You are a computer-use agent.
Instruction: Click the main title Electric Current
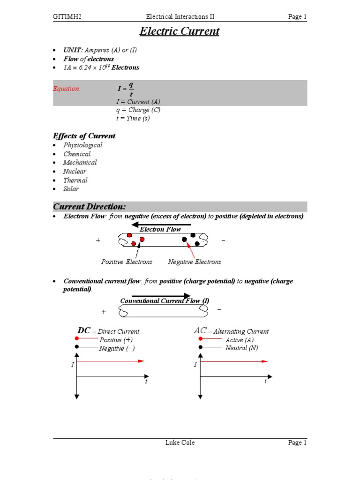[x=180, y=32]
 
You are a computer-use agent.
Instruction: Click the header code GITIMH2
[x=70, y=17]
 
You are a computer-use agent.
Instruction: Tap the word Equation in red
[x=67, y=89]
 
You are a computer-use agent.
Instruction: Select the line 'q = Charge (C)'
[x=138, y=110]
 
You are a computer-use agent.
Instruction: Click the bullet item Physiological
[x=82, y=145]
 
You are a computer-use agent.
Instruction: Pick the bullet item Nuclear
[x=75, y=171]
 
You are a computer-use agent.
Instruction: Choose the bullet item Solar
[x=71, y=189]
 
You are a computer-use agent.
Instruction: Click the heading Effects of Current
[x=84, y=136]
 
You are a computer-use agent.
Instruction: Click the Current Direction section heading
[x=96, y=207]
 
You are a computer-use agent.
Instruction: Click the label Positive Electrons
[x=127, y=262]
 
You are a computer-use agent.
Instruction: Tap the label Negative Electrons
[x=195, y=262]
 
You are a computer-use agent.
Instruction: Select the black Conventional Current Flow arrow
[x=161, y=296]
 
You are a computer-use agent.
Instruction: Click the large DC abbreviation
[x=83, y=330]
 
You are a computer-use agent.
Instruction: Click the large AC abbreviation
[x=200, y=330]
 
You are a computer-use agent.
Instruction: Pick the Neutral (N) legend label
[x=241, y=348]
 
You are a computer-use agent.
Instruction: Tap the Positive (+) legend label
[x=112, y=339]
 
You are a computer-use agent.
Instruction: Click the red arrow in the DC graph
[x=111, y=361]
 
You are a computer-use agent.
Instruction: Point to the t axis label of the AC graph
[x=265, y=382]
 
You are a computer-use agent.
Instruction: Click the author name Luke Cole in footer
[x=180, y=442]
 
